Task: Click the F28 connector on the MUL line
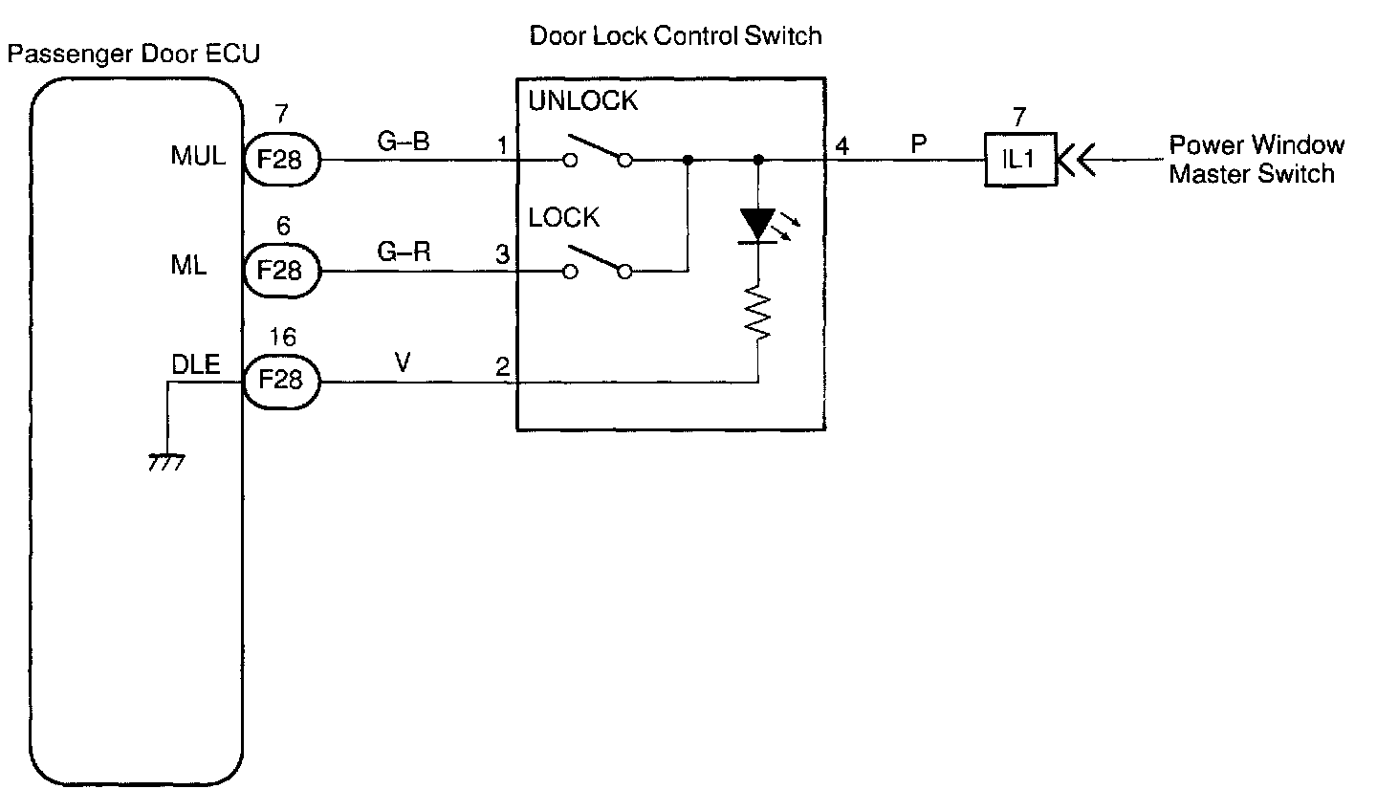281,160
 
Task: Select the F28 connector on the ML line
281,271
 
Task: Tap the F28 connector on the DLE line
281,381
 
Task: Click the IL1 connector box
1019,160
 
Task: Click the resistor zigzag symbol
759,312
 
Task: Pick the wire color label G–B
404,142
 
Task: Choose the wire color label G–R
404,252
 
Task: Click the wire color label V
404,362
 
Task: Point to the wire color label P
918,143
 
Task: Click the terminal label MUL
198,156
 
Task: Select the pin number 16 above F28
282,338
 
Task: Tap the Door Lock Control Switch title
675,37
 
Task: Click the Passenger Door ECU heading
133,55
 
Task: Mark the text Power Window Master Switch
1256,160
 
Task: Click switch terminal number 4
841,147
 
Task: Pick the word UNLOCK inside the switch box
583,101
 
